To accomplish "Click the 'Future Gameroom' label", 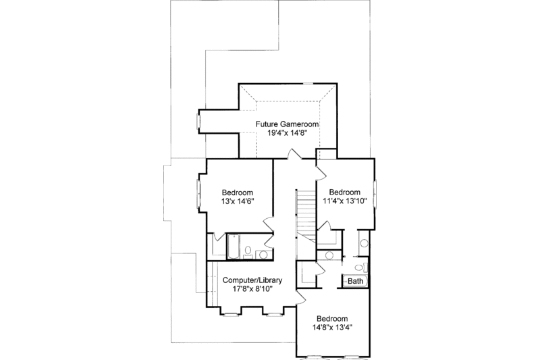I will coord(286,124).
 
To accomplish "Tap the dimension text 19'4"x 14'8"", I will coord(286,134).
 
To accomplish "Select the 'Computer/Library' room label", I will coord(252,280).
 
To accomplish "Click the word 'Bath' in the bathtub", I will coord(355,280).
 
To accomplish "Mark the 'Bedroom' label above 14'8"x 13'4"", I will coord(332,319).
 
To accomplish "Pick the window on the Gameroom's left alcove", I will coord(198,122).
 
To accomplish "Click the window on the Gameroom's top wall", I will coord(308,84).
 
